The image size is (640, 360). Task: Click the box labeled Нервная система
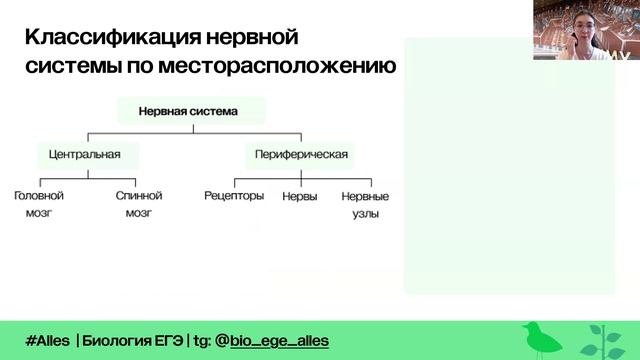click(x=191, y=111)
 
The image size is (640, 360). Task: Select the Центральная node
click(x=88, y=155)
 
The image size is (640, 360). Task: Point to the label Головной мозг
click(x=39, y=204)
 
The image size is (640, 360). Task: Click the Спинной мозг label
click(x=139, y=204)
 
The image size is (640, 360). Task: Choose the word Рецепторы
click(x=234, y=196)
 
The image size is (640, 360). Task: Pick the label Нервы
click(x=300, y=196)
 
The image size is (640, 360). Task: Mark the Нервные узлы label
click(x=365, y=205)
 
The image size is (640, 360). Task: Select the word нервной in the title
click(x=252, y=37)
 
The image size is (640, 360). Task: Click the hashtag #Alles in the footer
click(x=47, y=340)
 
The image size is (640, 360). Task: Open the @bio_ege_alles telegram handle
click(x=272, y=341)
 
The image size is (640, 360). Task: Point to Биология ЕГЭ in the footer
click(x=133, y=340)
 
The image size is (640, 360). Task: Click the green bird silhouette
click(x=541, y=338)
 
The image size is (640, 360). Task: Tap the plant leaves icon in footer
click(x=603, y=342)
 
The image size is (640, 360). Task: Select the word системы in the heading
click(x=73, y=66)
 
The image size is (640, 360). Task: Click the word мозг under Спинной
click(x=139, y=213)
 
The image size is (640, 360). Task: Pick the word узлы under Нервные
click(x=366, y=214)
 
